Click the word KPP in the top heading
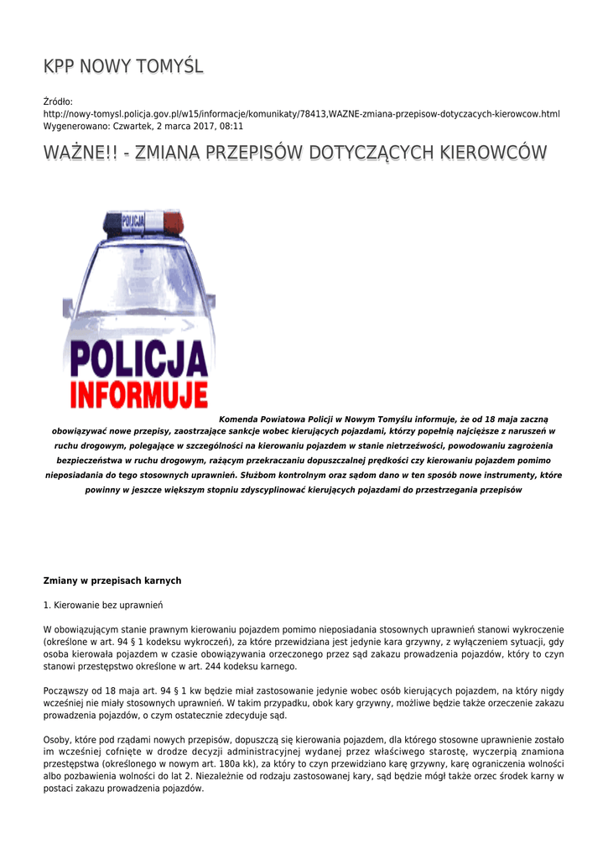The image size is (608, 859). coord(60,66)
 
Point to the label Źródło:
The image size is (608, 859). coord(59,102)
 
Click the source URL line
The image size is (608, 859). coord(301,113)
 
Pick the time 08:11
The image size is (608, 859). coord(230,126)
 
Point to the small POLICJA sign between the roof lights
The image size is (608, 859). coord(133,221)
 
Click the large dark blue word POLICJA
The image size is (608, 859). coord(138,362)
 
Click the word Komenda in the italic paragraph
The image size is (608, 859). coord(239,419)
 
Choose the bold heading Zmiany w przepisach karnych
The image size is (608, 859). coord(112,580)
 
